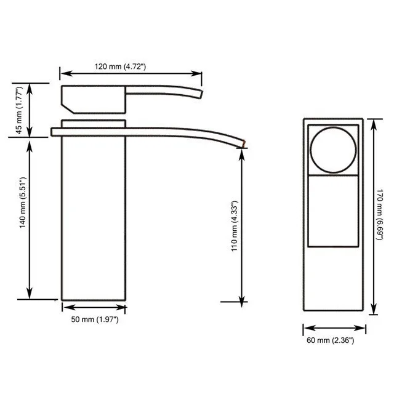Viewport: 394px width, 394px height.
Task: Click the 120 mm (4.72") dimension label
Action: pyautogui.click(x=120, y=66)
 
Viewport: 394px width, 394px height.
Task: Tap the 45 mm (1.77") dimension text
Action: pyautogui.click(x=19, y=110)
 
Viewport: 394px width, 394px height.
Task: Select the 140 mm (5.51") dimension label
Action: pyautogui.click(x=23, y=203)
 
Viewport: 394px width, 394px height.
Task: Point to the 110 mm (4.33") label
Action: pyautogui.click(x=234, y=226)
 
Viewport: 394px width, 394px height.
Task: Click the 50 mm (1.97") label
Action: pyautogui.click(x=95, y=320)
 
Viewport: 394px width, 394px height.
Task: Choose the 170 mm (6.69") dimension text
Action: pyautogui.click(x=379, y=215)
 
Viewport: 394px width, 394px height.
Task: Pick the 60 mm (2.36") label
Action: pyautogui.click(x=331, y=340)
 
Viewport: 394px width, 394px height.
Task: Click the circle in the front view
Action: pyautogui.click(x=333, y=127)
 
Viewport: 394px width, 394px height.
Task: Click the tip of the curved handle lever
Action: pyautogui.click(x=201, y=94)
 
